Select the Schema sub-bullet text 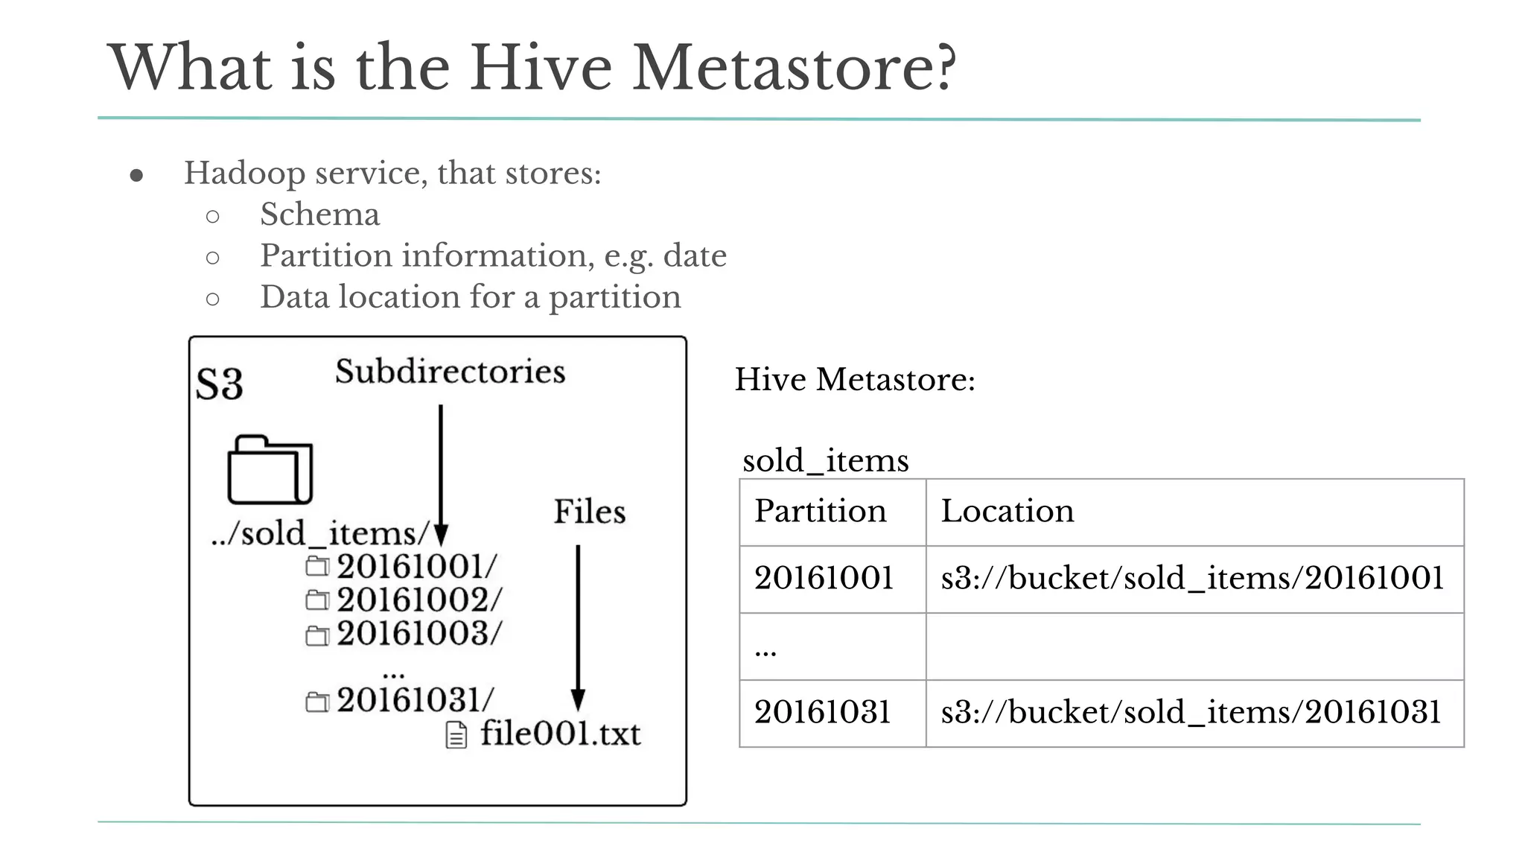pyautogui.click(x=319, y=214)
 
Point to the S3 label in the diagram pyautogui.click(x=219, y=384)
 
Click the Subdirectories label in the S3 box pyautogui.click(x=450, y=372)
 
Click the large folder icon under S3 pyautogui.click(x=270, y=470)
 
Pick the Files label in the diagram pyautogui.click(x=589, y=512)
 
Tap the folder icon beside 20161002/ pyautogui.click(x=317, y=600)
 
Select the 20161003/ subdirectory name pyautogui.click(x=419, y=634)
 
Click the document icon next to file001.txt pyautogui.click(x=456, y=735)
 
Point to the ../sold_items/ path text pyautogui.click(x=321, y=534)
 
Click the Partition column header pyautogui.click(x=821, y=512)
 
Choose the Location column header pyautogui.click(x=1007, y=512)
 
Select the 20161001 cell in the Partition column pyautogui.click(x=824, y=579)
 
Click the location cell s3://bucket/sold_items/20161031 pyautogui.click(x=1191, y=713)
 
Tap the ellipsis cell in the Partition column pyautogui.click(x=765, y=649)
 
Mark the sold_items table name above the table pyautogui.click(x=825, y=461)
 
